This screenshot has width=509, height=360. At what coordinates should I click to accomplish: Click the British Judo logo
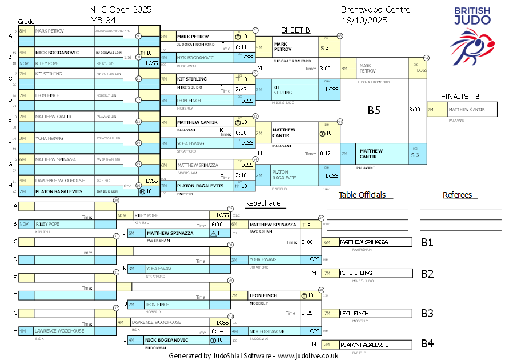[x=472, y=34]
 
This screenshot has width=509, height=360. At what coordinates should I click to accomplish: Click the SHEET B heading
[x=295, y=30]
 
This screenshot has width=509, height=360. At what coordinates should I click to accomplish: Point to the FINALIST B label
[x=460, y=97]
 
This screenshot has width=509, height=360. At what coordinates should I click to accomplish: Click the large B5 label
[x=374, y=110]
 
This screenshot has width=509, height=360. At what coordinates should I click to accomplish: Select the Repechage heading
[x=263, y=203]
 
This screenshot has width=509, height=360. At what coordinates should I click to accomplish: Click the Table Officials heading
[x=362, y=195]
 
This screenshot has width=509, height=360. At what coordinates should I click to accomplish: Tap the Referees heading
[x=457, y=195]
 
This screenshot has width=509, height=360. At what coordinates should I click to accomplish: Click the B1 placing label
[x=427, y=242]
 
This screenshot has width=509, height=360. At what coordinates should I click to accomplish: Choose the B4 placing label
[x=427, y=343]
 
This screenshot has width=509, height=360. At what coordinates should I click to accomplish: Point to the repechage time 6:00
[x=217, y=225]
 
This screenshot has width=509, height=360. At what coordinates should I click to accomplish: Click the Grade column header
[x=26, y=21]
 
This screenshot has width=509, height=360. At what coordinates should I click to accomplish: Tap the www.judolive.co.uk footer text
[x=308, y=355]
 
